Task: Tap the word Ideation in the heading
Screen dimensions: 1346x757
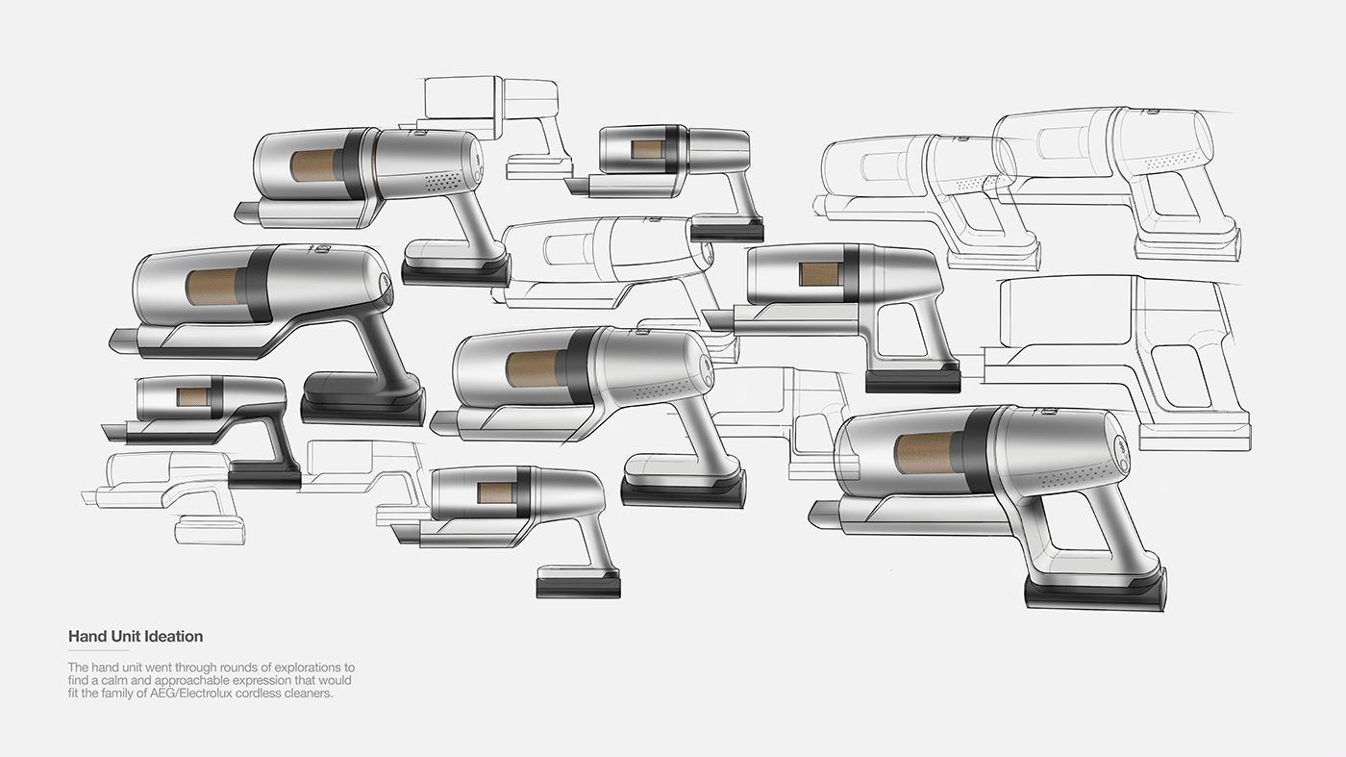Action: pos(174,636)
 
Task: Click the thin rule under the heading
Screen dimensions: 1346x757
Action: pos(98,650)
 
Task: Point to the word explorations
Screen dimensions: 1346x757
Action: pos(307,668)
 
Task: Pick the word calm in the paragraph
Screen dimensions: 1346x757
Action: pos(113,680)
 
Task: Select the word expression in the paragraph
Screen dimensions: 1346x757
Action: pos(263,681)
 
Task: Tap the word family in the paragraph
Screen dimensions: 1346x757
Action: pos(117,694)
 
